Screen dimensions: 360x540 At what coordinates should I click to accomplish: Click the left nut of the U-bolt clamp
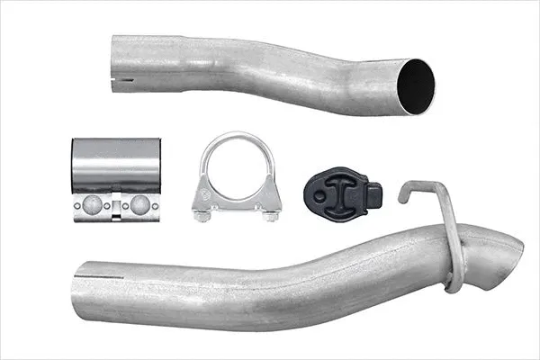coord(204,214)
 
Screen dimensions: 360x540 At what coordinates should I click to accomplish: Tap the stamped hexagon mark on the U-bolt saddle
coord(205,196)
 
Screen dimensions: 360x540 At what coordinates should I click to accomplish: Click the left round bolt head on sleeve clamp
coord(91,203)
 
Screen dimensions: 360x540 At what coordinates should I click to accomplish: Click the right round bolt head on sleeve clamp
coord(140,203)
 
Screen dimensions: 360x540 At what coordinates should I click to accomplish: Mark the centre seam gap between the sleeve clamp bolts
coord(115,205)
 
